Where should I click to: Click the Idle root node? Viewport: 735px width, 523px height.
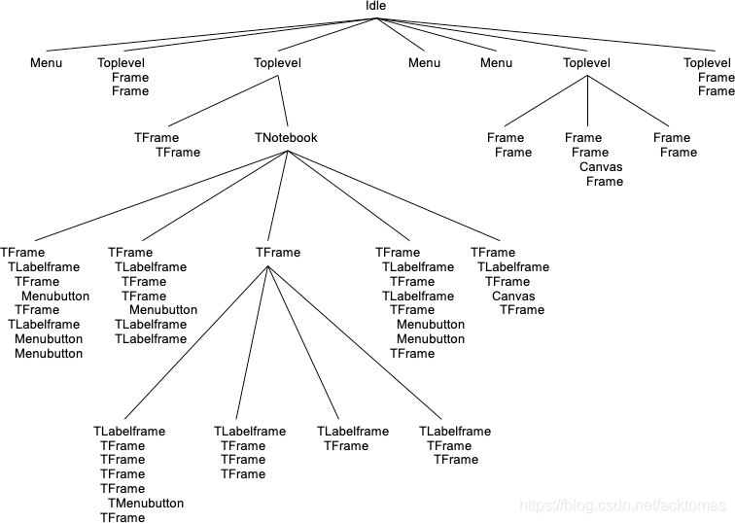[375, 6]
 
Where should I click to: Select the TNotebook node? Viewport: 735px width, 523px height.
[286, 138]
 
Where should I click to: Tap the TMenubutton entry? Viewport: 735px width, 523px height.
[146, 504]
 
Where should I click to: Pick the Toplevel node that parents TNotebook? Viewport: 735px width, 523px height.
[277, 63]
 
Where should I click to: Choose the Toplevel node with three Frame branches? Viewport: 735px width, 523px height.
[586, 63]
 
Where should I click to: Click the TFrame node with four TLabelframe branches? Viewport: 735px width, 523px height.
[277, 253]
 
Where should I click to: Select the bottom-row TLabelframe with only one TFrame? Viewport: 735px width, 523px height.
[353, 432]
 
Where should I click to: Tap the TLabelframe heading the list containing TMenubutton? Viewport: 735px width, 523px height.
[129, 432]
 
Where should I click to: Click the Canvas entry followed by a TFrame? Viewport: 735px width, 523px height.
[513, 296]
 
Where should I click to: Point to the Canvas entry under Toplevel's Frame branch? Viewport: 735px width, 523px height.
[601, 167]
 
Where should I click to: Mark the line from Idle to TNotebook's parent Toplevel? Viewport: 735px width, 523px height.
[327, 35]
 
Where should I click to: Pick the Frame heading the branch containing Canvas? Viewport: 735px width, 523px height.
[583, 138]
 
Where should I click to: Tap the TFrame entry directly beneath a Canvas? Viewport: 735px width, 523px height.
[522, 310]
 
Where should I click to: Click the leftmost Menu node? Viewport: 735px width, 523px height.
[46, 63]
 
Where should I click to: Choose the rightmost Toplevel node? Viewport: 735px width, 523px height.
[707, 63]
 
